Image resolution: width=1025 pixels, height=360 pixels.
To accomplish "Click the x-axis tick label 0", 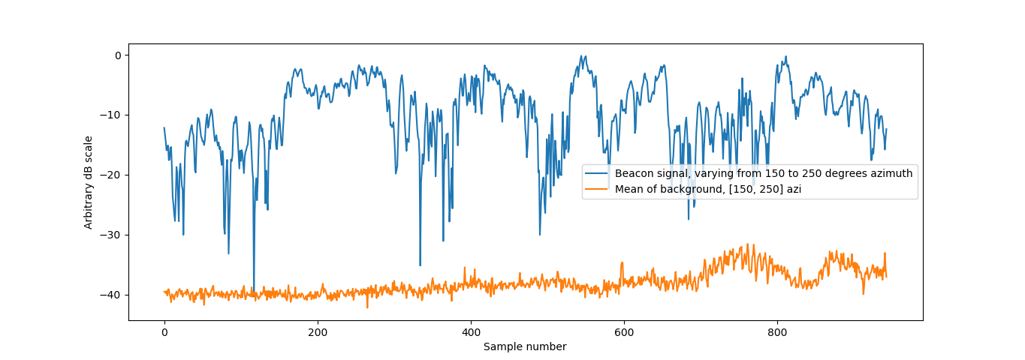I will [x=164, y=331].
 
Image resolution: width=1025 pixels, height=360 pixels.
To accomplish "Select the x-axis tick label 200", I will [x=318, y=331].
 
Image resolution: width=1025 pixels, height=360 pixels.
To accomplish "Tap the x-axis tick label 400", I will [x=471, y=331].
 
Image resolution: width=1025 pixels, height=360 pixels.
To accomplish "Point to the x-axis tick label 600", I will [x=624, y=331].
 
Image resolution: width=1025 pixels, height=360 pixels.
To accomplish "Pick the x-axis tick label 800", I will [x=777, y=331].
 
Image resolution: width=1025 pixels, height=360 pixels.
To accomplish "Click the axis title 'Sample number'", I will [x=525, y=346].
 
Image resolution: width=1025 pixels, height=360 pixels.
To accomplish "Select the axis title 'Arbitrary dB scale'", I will [x=89, y=182].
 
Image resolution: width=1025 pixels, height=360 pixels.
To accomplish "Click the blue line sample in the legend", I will [x=598, y=174].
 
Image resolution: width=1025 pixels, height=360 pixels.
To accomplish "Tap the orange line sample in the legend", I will [x=598, y=189].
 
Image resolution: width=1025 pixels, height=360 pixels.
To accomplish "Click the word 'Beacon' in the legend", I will [x=633, y=174].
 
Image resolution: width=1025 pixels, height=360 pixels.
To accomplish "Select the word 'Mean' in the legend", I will [x=629, y=189].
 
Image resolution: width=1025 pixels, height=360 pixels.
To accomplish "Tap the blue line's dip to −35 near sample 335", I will [x=420, y=265].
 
